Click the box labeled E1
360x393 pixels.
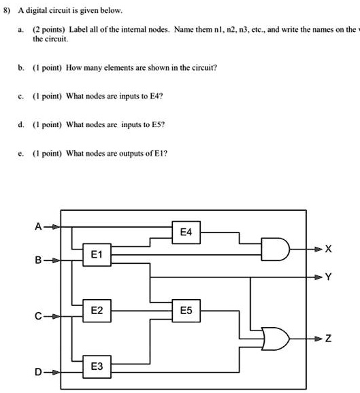pyautogui.click(x=97, y=255)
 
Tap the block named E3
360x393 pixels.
pyautogui.click(x=97, y=366)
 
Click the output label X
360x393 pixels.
pyautogui.click(x=329, y=250)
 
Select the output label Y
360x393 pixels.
pyautogui.click(x=329, y=277)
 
